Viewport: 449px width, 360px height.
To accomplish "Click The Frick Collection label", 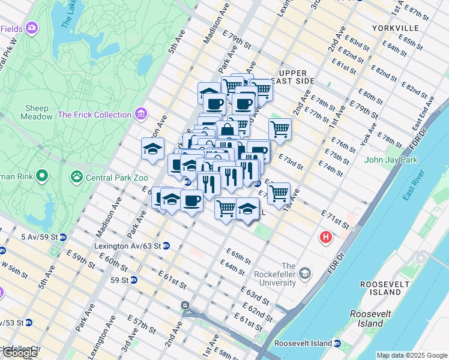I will [94, 115].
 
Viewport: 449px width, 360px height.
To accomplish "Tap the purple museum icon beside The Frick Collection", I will [141, 113].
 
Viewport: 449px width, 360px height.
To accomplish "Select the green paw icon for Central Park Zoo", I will [77, 176].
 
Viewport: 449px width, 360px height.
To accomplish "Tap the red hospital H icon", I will [327, 238].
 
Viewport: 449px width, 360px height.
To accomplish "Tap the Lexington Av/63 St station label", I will [127, 246].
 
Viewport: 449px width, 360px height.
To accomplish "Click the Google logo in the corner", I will [20, 353].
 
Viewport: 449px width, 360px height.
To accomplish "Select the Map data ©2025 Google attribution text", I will [411, 355].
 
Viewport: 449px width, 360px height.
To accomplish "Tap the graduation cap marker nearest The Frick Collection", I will [153, 148].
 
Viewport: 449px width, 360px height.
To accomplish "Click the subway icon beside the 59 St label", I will [134, 280].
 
